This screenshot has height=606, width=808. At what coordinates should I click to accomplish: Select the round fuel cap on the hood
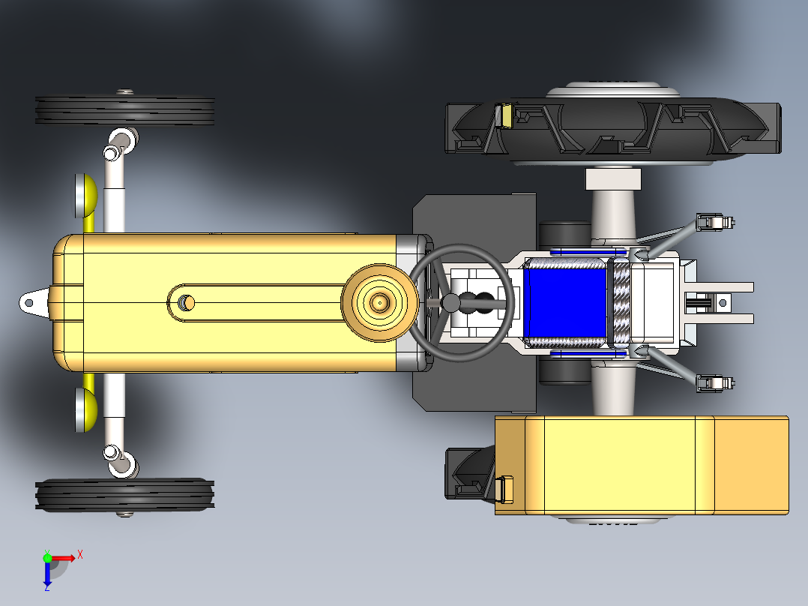coord(380,303)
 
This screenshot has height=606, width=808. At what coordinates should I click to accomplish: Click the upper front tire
coord(124,110)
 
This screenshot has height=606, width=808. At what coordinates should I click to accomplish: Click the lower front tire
coord(124,495)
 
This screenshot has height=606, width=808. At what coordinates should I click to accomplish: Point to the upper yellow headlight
coord(86,196)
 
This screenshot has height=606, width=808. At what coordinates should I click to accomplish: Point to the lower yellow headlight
coord(86,410)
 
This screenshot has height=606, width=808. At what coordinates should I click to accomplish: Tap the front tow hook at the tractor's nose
coord(34,303)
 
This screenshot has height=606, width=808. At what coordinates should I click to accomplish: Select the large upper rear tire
coord(613,126)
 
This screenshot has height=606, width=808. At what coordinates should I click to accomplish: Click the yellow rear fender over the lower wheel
coord(642,465)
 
